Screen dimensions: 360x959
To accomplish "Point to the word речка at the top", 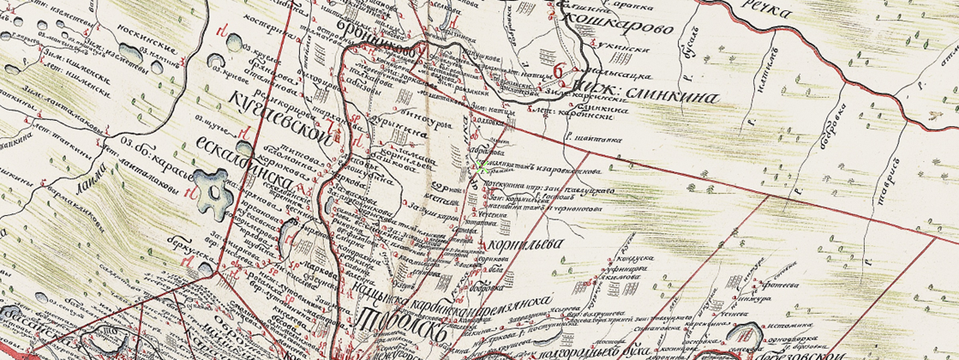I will pyautogui.click(x=766, y=12).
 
